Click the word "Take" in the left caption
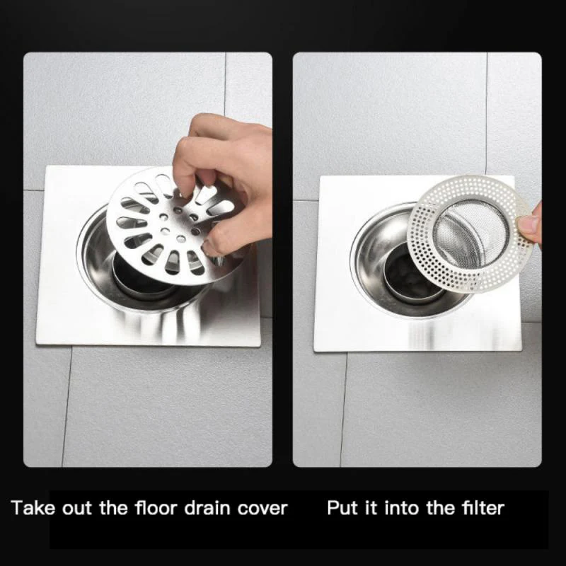click(x=32, y=507)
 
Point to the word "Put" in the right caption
click(x=342, y=507)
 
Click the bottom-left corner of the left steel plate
click(x=39, y=344)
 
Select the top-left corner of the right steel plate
click(x=323, y=178)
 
